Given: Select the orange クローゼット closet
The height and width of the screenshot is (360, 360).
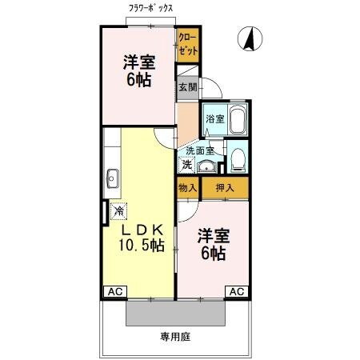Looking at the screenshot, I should point(187,43).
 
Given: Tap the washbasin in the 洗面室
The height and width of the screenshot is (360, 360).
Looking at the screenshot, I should point(208,166).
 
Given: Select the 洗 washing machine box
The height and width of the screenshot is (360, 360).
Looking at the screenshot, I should point(187,166).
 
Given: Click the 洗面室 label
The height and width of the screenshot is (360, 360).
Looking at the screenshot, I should point(200,150).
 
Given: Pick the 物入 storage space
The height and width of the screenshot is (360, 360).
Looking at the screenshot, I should point(187,187).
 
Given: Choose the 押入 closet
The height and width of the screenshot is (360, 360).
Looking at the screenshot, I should point(224,187).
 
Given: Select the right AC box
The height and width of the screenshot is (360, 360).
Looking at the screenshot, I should point(237,292).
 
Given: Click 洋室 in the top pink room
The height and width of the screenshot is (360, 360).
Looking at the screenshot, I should point(138,62).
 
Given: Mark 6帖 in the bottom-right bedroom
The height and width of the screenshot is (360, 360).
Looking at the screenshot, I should point(214,255).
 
